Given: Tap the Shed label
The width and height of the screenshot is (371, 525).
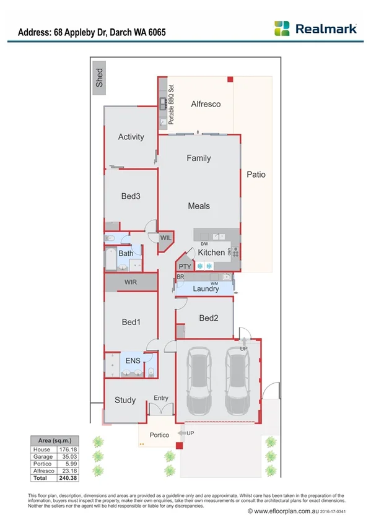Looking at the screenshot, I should [x=99, y=78].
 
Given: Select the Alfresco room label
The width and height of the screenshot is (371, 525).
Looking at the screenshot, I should [x=206, y=104].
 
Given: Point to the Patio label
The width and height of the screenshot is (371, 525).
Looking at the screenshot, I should [x=256, y=175].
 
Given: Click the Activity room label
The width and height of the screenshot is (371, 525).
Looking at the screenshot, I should [x=131, y=137].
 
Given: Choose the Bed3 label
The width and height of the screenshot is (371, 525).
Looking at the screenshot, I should [x=131, y=196].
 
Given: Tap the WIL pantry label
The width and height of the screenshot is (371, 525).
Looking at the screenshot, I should [x=166, y=238].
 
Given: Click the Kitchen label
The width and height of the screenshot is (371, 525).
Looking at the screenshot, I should [x=211, y=253].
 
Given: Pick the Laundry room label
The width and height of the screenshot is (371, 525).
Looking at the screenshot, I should [x=206, y=289].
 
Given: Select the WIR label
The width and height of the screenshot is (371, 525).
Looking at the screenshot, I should [x=130, y=282].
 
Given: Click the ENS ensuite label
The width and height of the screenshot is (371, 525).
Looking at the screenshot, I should [x=133, y=360].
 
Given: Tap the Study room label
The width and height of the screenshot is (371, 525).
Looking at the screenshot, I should [x=125, y=400].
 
